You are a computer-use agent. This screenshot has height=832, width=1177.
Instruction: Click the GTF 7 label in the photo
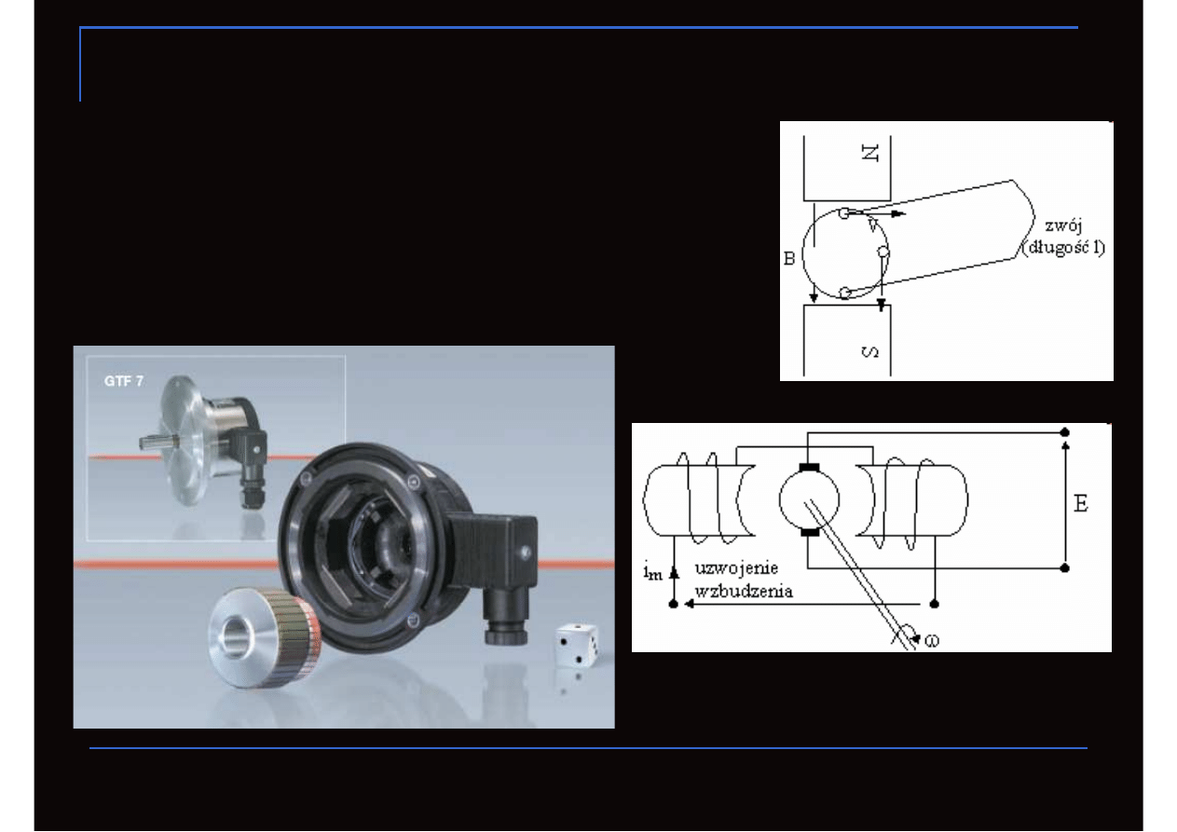click(x=124, y=381)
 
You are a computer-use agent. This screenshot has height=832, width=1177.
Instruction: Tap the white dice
click(x=577, y=645)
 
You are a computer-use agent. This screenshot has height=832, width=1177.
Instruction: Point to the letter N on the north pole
click(x=869, y=153)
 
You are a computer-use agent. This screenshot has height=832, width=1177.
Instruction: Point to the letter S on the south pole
click(x=870, y=352)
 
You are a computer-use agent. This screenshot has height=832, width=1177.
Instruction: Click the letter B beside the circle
click(x=789, y=258)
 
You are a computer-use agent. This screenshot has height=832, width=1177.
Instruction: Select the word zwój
click(x=1063, y=226)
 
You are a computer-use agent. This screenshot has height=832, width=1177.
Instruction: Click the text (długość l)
click(x=1063, y=248)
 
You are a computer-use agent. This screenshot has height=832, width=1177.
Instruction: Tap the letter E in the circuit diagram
click(x=1080, y=504)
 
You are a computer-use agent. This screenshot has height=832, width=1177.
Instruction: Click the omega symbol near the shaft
click(x=932, y=641)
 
